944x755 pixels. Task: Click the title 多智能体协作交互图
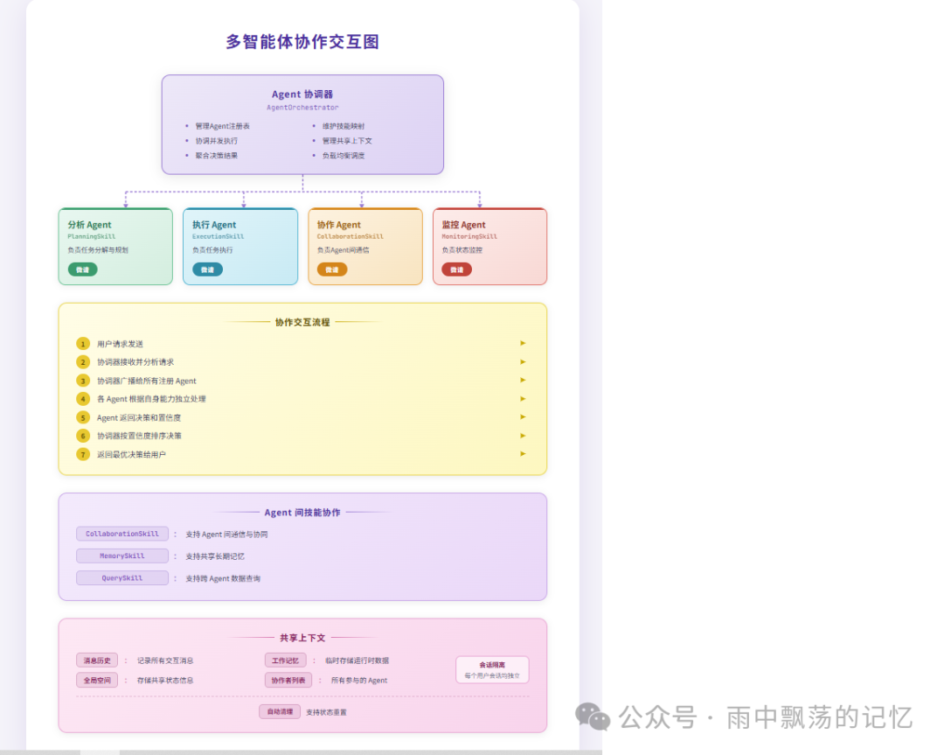pos(302,42)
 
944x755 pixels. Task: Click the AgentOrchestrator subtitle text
pos(302,108)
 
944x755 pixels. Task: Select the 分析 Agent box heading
pos(90,225)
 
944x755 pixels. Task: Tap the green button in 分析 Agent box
pos(82,269)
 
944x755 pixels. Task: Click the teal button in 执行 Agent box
pos(207,269)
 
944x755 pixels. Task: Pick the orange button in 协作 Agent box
pos(332,269)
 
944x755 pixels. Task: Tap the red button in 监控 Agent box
pos(456,269)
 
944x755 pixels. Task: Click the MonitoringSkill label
pos(469,236)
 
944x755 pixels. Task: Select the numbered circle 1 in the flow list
pos(83,344)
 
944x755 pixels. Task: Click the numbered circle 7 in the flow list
pos(83,454)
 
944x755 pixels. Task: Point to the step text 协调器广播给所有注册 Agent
pos(147,381)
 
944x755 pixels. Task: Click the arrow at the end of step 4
pos(523,398)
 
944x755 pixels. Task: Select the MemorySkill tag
pos(122,556)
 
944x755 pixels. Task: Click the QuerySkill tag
pos(122,578)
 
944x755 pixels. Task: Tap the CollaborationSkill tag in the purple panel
pos(122,534)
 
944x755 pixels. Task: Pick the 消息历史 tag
pos(97,661)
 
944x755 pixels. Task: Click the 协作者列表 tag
pos(288,680)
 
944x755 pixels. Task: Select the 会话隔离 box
pos(492,669)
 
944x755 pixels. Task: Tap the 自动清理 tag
pos(280,711)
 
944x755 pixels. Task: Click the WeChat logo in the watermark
pos(593,717)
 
